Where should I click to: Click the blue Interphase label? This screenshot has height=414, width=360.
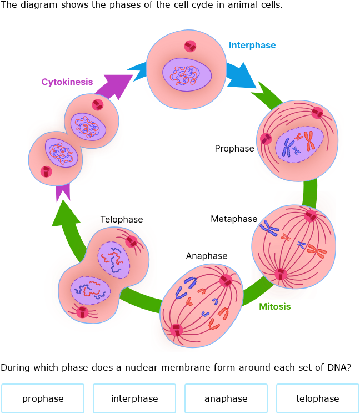pyautogui.click(x=252, y=46)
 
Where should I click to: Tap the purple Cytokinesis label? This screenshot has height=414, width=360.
pyautogui.click(x=67, y=82)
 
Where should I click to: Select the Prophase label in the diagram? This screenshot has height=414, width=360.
pyautogui.click(x=234, y=149)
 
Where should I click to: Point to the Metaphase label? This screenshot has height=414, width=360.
pyautogui.click(x=234, y=219)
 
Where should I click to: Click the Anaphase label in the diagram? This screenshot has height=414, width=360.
pyautogui.click(x=207, y=256)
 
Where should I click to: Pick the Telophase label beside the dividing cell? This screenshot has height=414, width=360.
pyautogui.click(x=121, y=220)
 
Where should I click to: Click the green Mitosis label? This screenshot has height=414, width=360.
pyautogui.click(x=274, y=306)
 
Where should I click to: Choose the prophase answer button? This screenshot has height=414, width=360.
pyautogui.click(x=43, y=398)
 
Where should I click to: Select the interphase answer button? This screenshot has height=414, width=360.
pyautogui.click(x=134, y=398)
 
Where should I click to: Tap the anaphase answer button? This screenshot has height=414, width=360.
pyautogui.click(x=226, y=398)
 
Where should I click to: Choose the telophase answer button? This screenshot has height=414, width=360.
pyautogui.click(x=317, y=398)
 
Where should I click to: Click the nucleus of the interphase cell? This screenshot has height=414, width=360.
pyautogui.click(x=187, y=73)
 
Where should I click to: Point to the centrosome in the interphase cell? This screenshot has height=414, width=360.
pyautogui.click(x=191, y=46)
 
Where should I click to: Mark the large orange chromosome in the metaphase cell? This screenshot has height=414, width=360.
pyautogui.click(x=318, y=251)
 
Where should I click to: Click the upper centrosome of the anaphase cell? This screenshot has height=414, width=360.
pyautogui.click(x=226, y=280)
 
